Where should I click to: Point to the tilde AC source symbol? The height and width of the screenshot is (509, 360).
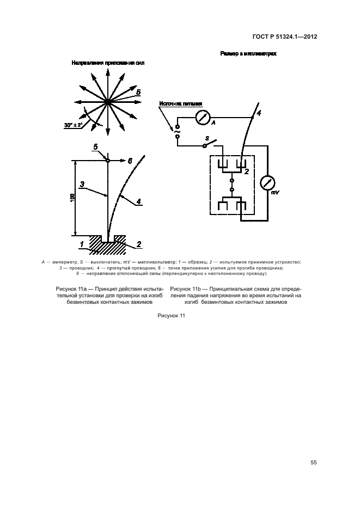click(x=178, y=130)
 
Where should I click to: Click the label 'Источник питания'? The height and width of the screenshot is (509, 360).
click(x=180, y=102)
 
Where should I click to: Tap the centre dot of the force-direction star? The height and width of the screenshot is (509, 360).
click(x=108, y=101)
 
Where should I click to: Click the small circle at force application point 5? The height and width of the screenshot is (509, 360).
click(x=108, y=161)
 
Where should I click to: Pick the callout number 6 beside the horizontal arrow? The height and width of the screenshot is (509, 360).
click(x=130, y=161)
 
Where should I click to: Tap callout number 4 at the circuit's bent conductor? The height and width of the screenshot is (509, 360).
click(x=259, y=113)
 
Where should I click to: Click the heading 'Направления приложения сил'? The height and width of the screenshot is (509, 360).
click(x=108, y=63)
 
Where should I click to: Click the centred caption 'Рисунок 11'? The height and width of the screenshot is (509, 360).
click(x=172, y=316)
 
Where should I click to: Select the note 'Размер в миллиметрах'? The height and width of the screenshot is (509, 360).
click(x=248, y=54)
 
